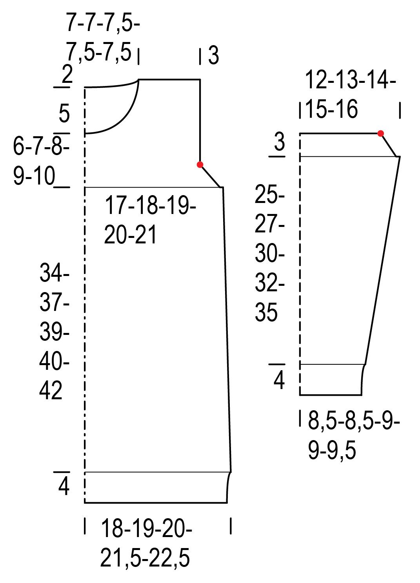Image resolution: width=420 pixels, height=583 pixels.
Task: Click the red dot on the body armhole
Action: click(200, 164)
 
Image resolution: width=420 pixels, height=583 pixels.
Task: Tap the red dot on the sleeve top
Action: click(380, 133)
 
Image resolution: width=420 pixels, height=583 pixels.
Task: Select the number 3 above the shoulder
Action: click(213, 56)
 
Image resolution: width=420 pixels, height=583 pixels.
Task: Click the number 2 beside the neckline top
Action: click(67, 74)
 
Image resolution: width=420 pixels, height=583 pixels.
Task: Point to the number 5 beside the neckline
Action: click(64, 113)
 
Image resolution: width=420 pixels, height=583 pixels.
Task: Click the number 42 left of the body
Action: click(51, 390)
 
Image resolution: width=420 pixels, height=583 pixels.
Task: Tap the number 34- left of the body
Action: click(55, 272)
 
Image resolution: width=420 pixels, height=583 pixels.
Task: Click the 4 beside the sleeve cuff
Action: click(279, 380)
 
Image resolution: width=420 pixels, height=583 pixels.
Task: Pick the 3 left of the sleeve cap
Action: click(279, 142)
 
